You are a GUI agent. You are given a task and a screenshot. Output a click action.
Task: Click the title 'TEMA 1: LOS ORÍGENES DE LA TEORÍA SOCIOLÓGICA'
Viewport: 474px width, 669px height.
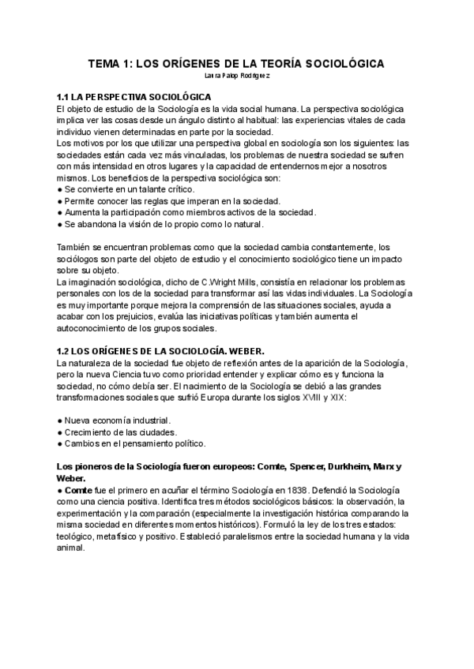point(237,63)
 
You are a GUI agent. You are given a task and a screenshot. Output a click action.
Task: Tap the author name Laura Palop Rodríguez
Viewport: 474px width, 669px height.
point(236,76)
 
